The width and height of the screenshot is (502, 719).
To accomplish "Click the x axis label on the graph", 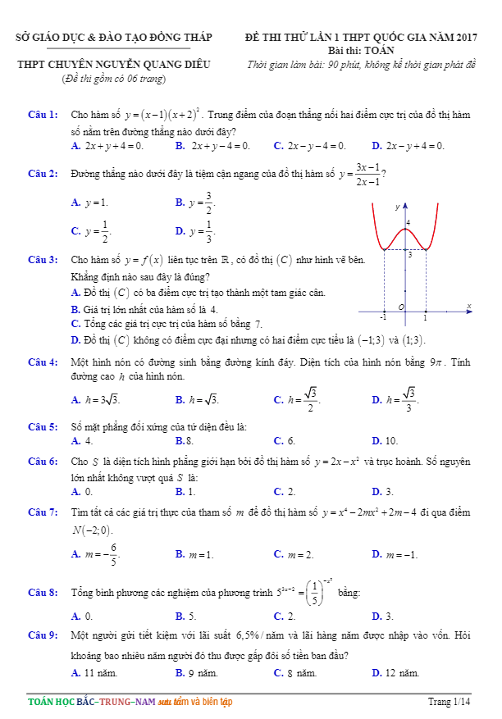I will [469, 306].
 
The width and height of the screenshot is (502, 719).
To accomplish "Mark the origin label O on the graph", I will [401, 307].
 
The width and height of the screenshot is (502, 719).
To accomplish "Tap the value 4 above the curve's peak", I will [408, 222].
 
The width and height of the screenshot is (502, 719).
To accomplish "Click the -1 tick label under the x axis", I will [382, 316].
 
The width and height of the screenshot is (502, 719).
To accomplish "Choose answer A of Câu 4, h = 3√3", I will [96, 400].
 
